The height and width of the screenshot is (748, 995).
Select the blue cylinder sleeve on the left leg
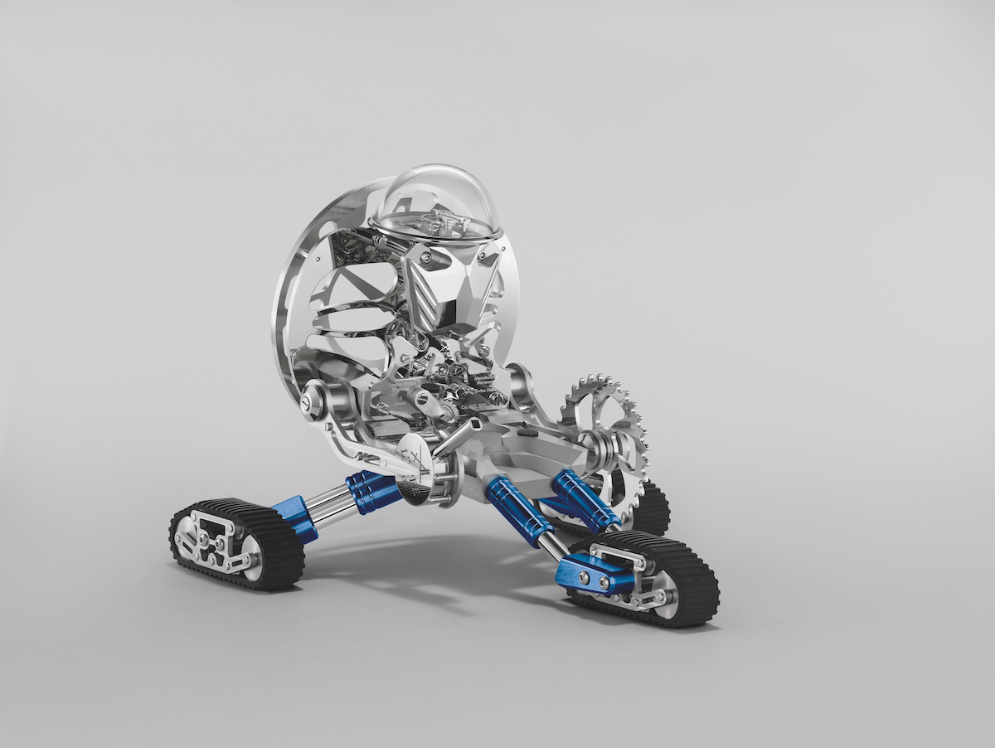[x=373, y=492]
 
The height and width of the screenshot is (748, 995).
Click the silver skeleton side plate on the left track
[x=211, y=539]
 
